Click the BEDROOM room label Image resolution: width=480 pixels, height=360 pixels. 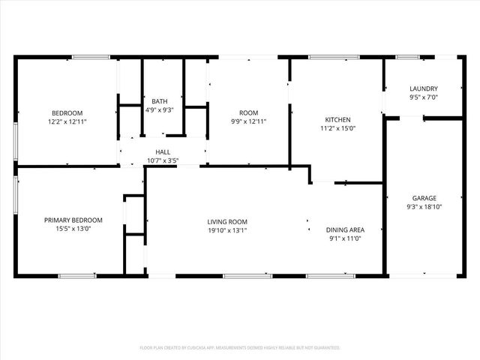tap(67, 113)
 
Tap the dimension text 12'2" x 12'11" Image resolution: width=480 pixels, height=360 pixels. tap(67, 121)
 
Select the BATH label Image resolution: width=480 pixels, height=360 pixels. tap(160, 101)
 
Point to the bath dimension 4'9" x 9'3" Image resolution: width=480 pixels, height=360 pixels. tap(160, 109)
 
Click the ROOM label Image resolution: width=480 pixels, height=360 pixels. tap(248, 113)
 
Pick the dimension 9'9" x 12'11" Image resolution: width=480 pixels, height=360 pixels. tap(248, 121)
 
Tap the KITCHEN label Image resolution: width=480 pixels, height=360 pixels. tap(337, 120)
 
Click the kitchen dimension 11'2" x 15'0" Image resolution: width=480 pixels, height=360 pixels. tap(337, 128)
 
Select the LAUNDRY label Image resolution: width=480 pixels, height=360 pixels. tap(424, 88)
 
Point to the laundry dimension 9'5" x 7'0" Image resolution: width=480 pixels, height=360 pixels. tap(424, 97)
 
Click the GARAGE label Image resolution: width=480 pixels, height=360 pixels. tap(424, 199)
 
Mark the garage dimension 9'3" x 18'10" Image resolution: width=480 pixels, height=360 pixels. tap(424, 207)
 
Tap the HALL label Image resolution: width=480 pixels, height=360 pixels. tap(163, 151)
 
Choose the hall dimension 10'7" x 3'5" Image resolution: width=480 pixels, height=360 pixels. tap(163, 160)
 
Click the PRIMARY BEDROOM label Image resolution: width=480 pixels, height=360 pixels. tap(73, 220)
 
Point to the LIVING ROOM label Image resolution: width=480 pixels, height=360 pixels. tap(227, 222)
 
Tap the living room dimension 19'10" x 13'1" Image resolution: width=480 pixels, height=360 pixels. tap(227, 230)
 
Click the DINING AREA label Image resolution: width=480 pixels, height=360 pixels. tap(345, 230)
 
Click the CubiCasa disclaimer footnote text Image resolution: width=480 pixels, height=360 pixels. tap(240, 348)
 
